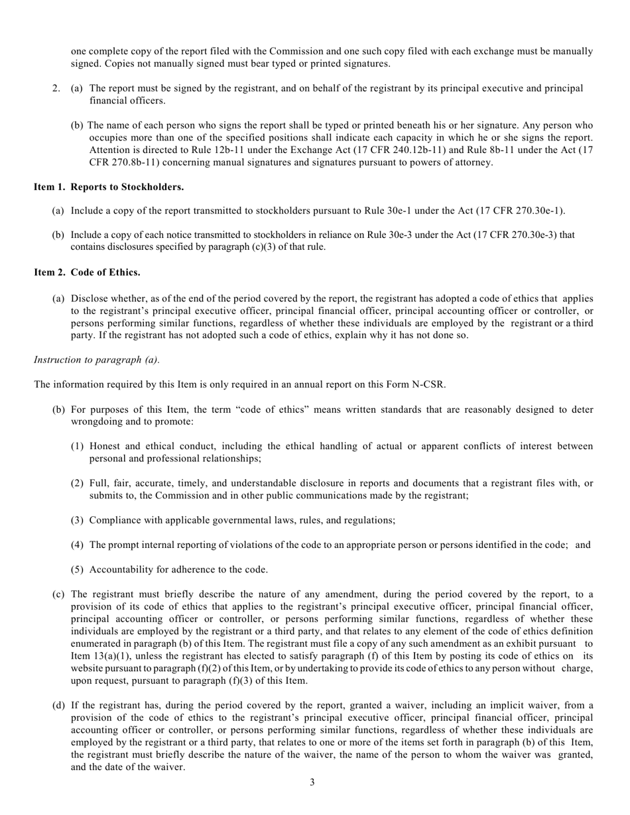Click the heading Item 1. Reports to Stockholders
tap(109, 187)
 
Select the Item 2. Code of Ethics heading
tap(87, 272)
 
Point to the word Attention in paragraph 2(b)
tap(110, 150)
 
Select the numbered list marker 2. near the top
tap(56, 88)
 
